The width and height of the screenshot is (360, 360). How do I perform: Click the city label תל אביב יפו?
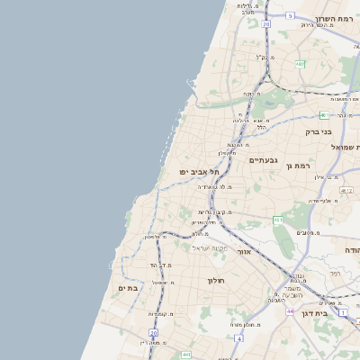click(x=194, y=170)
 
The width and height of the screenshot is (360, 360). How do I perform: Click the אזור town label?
click(x=243, y=252)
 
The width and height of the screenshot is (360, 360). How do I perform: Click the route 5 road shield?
click(x=290, y=16)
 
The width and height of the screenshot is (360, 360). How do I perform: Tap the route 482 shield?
click(x=299, y=63)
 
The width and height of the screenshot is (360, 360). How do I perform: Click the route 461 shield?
click(x=279, y=220)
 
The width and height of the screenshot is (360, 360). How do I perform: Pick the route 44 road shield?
click(x=291, y=310)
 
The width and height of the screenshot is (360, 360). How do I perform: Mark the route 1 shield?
click(x=343, y=311)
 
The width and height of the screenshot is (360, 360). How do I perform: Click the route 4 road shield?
click(x=239, y=337)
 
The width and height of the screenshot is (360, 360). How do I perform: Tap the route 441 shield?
click(x=185, y=354)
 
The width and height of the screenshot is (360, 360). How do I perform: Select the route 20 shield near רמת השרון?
click(x=266, y=24)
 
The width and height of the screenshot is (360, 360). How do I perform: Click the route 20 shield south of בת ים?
click(x=153, y=332)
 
